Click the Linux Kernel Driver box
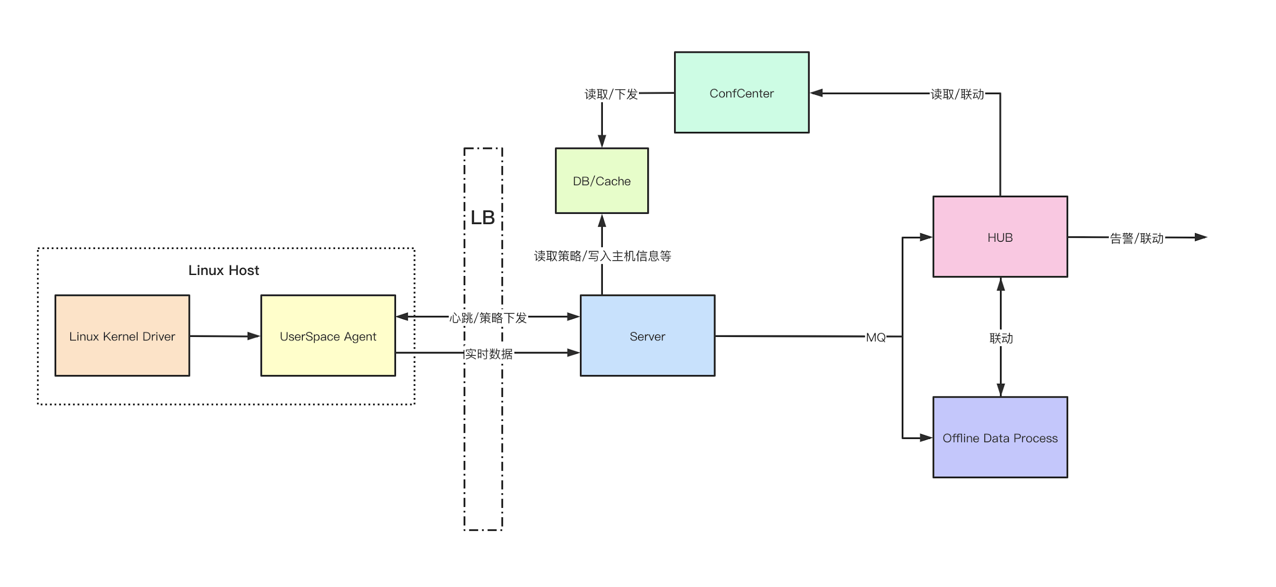pyautogui.click(x=122, y=335)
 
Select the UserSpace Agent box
pyautogui.click(x=328, y=335)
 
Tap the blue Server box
pyautogui.click(x=647, y=335)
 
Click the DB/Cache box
pyautogui.click(x=601, y=181)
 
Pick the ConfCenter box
pyautogui.click(x=741, y=93)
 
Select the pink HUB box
pyautogui.click(x=999, y=237)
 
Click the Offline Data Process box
pyautogui.click(x=999, y=437)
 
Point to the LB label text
pyautogui.click(x=482, y=218)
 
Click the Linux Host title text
pyautogui.click(x=223, y=270)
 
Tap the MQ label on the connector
pyautogui.click(x=875, y=337)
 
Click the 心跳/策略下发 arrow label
pyautogui.click(x=488, y=317)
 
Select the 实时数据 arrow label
pyautogui.click(x=488, y=354)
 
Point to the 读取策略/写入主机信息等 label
pyautogui.click(x=602, y=256)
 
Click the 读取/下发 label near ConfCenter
pyautogui.click(x=611, y=94)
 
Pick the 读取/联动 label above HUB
pyautogui.click(x=957, y=94)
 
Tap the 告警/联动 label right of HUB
pyautogui.click(x=1136, y=238)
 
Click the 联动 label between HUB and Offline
pyautogui.click(x=1000, y=338)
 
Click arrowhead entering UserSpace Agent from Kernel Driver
pyautogui.click(x=254, y=336)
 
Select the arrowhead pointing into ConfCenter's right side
pyautogui.click(x=817, y=93)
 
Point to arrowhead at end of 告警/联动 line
pyautogui.click(x=1201, y=237)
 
